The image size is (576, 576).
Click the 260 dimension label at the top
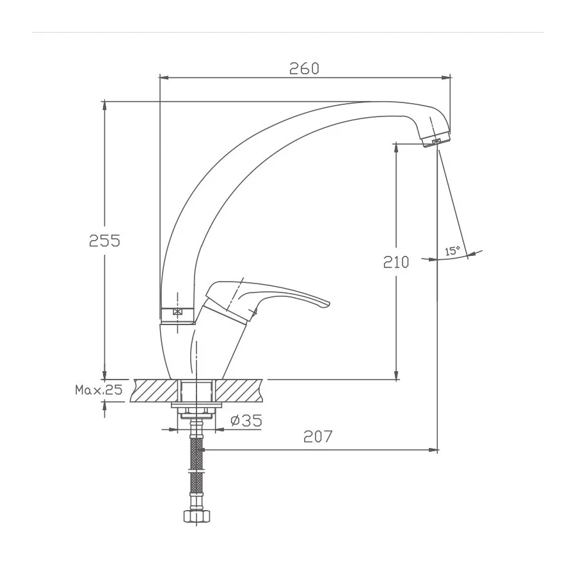(x=304, y=68)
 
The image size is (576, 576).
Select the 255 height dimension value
(x=105, y=241)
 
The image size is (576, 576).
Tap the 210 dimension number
(x=396, y=262)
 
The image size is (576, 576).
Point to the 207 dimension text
(x=317, y=436)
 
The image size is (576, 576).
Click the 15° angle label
(x=452, y=251)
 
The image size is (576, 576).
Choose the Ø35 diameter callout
(x=246, y=420)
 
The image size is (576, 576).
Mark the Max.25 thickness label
(x=99, y=390)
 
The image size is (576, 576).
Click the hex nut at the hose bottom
(x=197, y=516)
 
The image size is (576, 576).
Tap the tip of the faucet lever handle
(x=328, y=304)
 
